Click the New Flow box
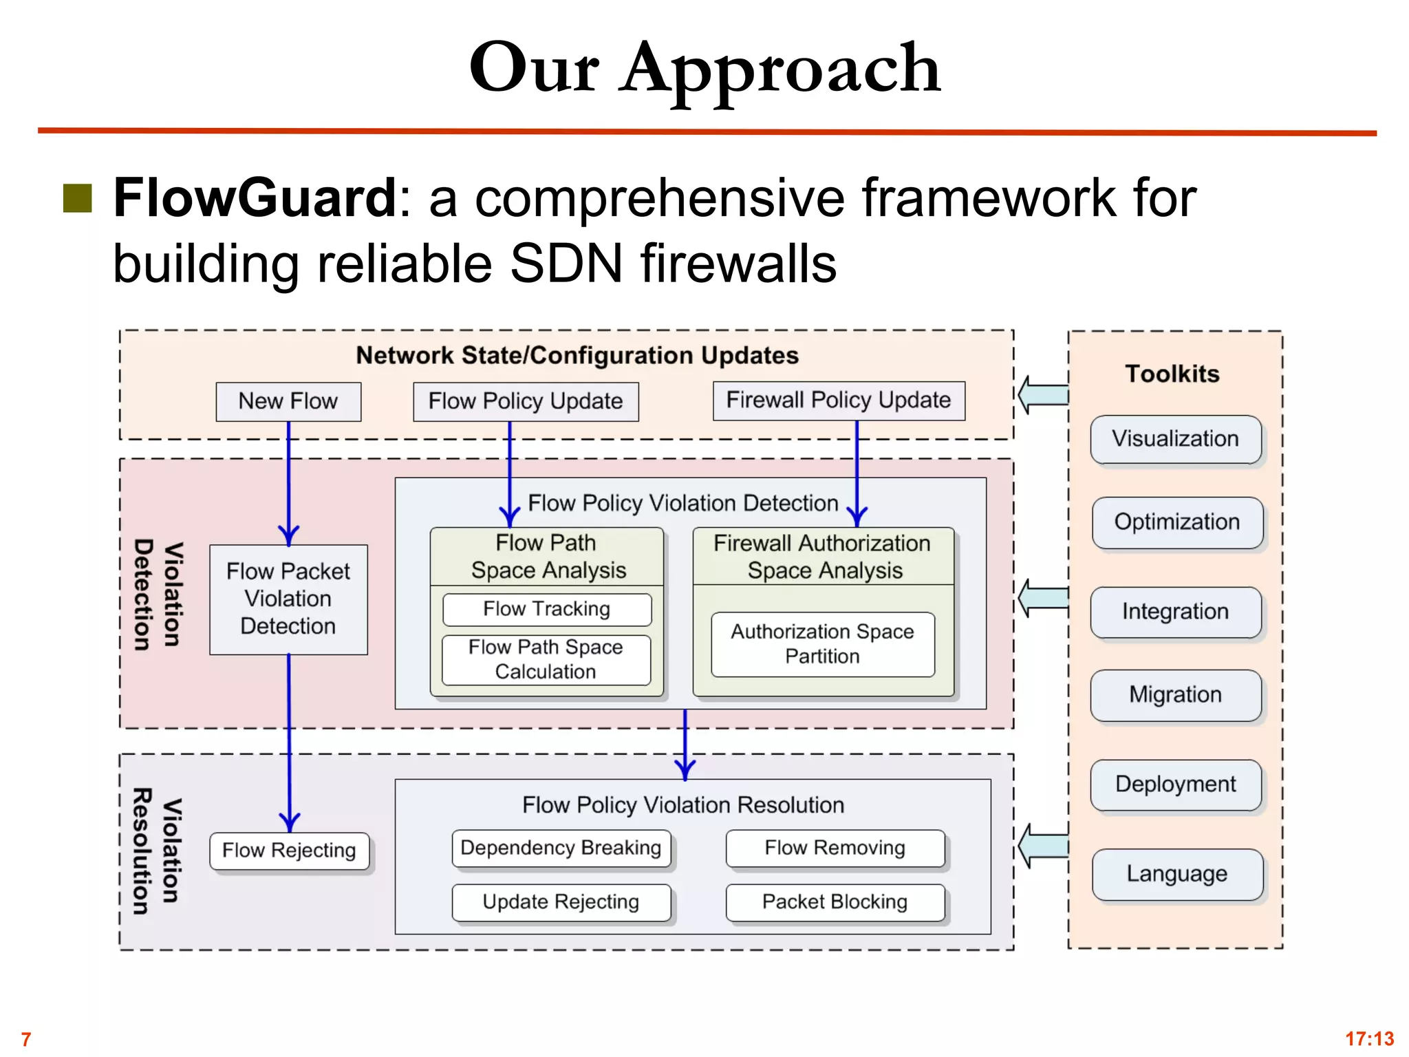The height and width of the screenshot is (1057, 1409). (288, 401)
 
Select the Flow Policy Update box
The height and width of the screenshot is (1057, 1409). (526, 401)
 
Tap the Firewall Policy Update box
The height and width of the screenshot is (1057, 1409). (839, 401)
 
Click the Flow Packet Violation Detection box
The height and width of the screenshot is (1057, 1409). (288, 599)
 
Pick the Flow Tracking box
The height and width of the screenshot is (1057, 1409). (547, 609)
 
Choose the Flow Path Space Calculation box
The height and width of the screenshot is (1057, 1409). (546, 659)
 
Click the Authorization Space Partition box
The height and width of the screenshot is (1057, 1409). (822, 644)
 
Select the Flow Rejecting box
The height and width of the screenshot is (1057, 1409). (289, 851)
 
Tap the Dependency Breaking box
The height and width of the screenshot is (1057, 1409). (561, 848)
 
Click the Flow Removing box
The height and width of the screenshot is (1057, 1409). (835, 848)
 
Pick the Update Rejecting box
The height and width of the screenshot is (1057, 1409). (561, 902)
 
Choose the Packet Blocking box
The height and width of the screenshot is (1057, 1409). (835, 902)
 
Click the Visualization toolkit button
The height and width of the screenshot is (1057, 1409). (1176, 439)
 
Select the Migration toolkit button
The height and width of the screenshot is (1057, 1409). (1176, 695)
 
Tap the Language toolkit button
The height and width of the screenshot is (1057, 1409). (1177, 874)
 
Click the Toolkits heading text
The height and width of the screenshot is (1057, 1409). (1172, 374)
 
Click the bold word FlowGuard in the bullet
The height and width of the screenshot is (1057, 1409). (255, 198)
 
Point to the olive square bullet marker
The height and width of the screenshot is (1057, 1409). (78, 198)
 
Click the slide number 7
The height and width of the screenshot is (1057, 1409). (26, 1039)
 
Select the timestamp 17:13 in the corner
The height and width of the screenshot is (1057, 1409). (1369, 1038)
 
